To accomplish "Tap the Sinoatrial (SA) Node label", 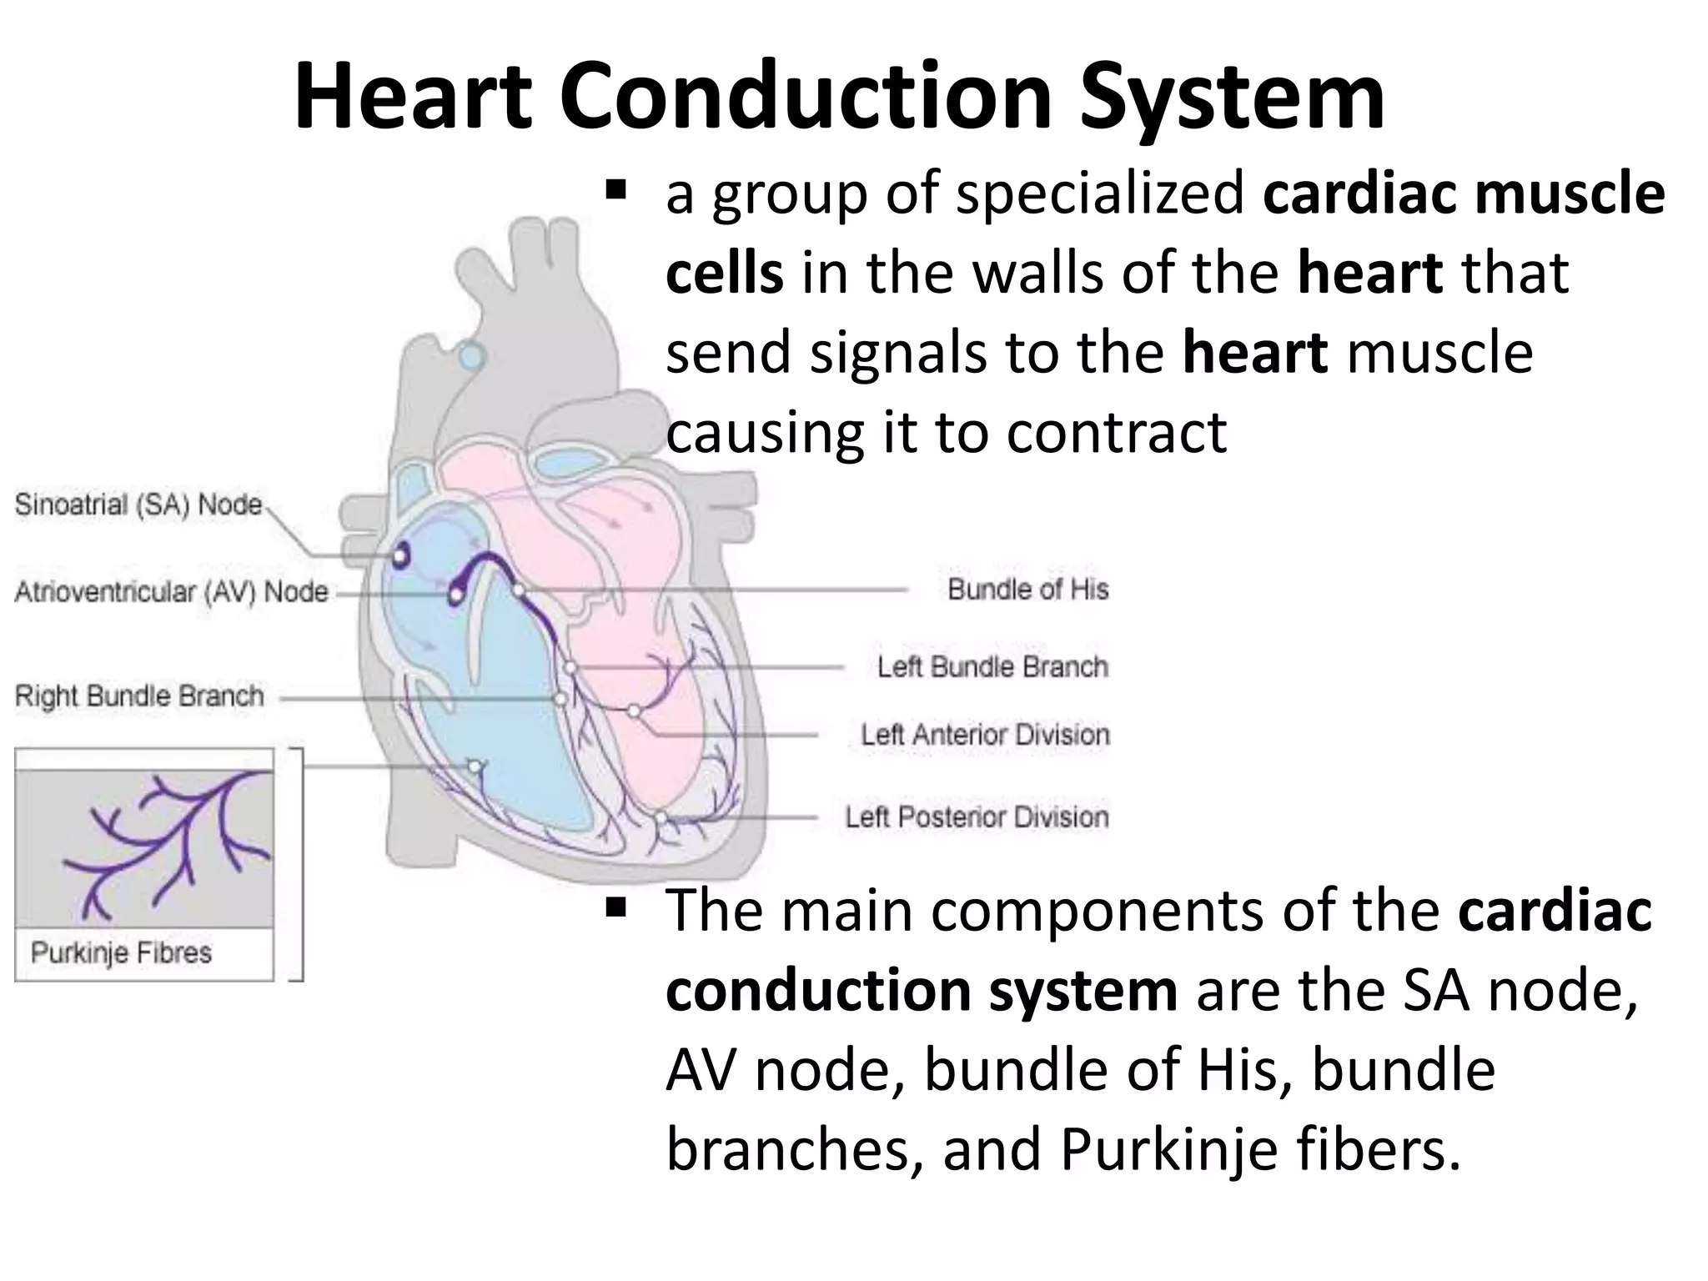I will [x=138, y=505].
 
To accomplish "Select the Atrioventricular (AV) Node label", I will [x=171, y=592].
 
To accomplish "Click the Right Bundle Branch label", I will [x=139, y=696].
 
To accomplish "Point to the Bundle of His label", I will [x=1027, y=590].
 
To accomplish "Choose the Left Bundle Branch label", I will [x=992, y=667].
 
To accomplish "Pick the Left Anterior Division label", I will [x=985, y=735].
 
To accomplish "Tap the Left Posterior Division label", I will [x=977, y=816].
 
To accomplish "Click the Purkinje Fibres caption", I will [x=121, y=952].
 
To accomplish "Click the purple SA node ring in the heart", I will [x=401, y=554].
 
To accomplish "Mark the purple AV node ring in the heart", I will [x=456, y=594].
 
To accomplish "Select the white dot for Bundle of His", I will [x=519, y=590].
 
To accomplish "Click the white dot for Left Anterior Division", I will [x=634, y=711].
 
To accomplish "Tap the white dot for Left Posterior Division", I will [x=660, y=818].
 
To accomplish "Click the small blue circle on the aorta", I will [x=472, y=357].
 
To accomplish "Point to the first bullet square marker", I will [x=616, y=193].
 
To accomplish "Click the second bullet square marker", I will [x=616, y=907].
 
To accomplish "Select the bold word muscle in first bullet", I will [x=1570, y=193].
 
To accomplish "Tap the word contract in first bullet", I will [x=1116, y=432].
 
